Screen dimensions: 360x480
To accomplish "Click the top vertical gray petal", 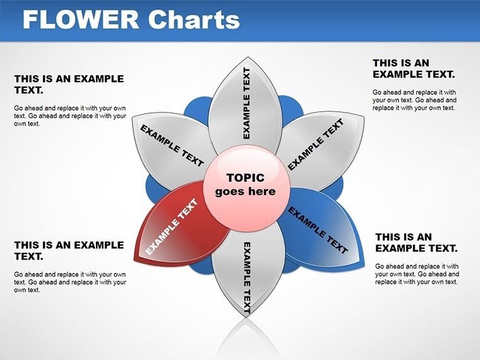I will (246, 101).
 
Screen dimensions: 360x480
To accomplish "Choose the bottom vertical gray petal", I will (246, 278).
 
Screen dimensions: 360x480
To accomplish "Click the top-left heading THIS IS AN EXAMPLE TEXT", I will (69, 84).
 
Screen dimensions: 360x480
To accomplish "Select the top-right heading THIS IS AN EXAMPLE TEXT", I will (414, 68).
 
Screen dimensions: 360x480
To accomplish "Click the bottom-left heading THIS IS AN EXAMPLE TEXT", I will (69, 250).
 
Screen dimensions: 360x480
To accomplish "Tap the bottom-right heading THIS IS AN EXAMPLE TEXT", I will (416, 242).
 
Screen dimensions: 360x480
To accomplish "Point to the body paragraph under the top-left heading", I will (69, 116).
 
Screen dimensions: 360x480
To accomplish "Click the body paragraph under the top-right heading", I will (414, 100).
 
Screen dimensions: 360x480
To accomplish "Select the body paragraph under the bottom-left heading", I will (69, 282).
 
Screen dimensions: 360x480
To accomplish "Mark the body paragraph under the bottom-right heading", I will (417, 274).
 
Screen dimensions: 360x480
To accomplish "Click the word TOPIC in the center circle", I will (245, 178).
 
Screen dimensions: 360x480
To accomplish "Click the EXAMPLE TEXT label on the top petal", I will (246, 103).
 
